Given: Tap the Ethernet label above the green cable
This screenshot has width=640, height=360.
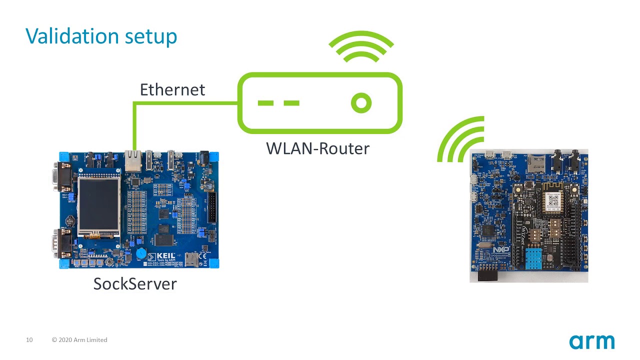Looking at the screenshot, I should [172, 90].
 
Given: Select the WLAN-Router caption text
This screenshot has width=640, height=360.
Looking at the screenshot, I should [317, 148].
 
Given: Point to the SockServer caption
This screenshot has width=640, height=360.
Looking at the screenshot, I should [135, 284].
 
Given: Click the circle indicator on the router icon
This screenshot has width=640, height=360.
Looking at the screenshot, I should [361, 103].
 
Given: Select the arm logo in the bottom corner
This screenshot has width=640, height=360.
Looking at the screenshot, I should [591, 342].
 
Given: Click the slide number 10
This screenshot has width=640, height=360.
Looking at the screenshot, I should [29, 340].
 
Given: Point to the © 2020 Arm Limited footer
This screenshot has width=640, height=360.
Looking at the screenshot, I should [79, 340].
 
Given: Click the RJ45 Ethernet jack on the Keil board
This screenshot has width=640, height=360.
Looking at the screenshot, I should [133, 161].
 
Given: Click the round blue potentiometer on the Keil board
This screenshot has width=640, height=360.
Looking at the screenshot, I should [141, 253].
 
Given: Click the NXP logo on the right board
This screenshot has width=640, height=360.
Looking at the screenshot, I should [500, 249].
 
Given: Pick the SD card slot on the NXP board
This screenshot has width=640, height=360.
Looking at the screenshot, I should [536, 163].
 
